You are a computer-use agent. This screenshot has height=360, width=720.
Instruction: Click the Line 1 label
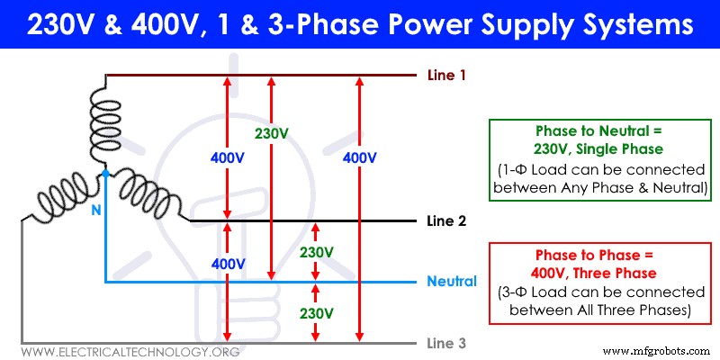click(x=446, y=76)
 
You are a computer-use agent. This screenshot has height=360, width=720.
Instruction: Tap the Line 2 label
click(x=446, y=220)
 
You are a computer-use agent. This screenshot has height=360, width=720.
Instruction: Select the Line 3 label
click(x=446, y=343)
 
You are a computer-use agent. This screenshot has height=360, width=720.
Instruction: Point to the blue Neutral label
click(x=452, y=282)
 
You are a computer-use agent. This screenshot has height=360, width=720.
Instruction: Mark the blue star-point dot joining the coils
click(x=105, y=171)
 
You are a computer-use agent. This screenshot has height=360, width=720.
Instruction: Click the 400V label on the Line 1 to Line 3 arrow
click(x=360, y=157)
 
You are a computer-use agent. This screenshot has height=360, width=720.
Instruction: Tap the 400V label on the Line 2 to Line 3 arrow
click(x=228, y=264)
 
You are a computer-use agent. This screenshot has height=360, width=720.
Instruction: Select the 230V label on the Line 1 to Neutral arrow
click(x=271, y=133)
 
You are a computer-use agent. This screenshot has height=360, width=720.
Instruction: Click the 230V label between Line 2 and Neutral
click(x=316, y=251)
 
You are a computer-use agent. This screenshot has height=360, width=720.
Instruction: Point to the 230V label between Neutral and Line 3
click(x=316, y=312)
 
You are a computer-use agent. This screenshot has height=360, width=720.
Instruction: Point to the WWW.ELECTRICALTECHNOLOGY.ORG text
click(x=130, y=351)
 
